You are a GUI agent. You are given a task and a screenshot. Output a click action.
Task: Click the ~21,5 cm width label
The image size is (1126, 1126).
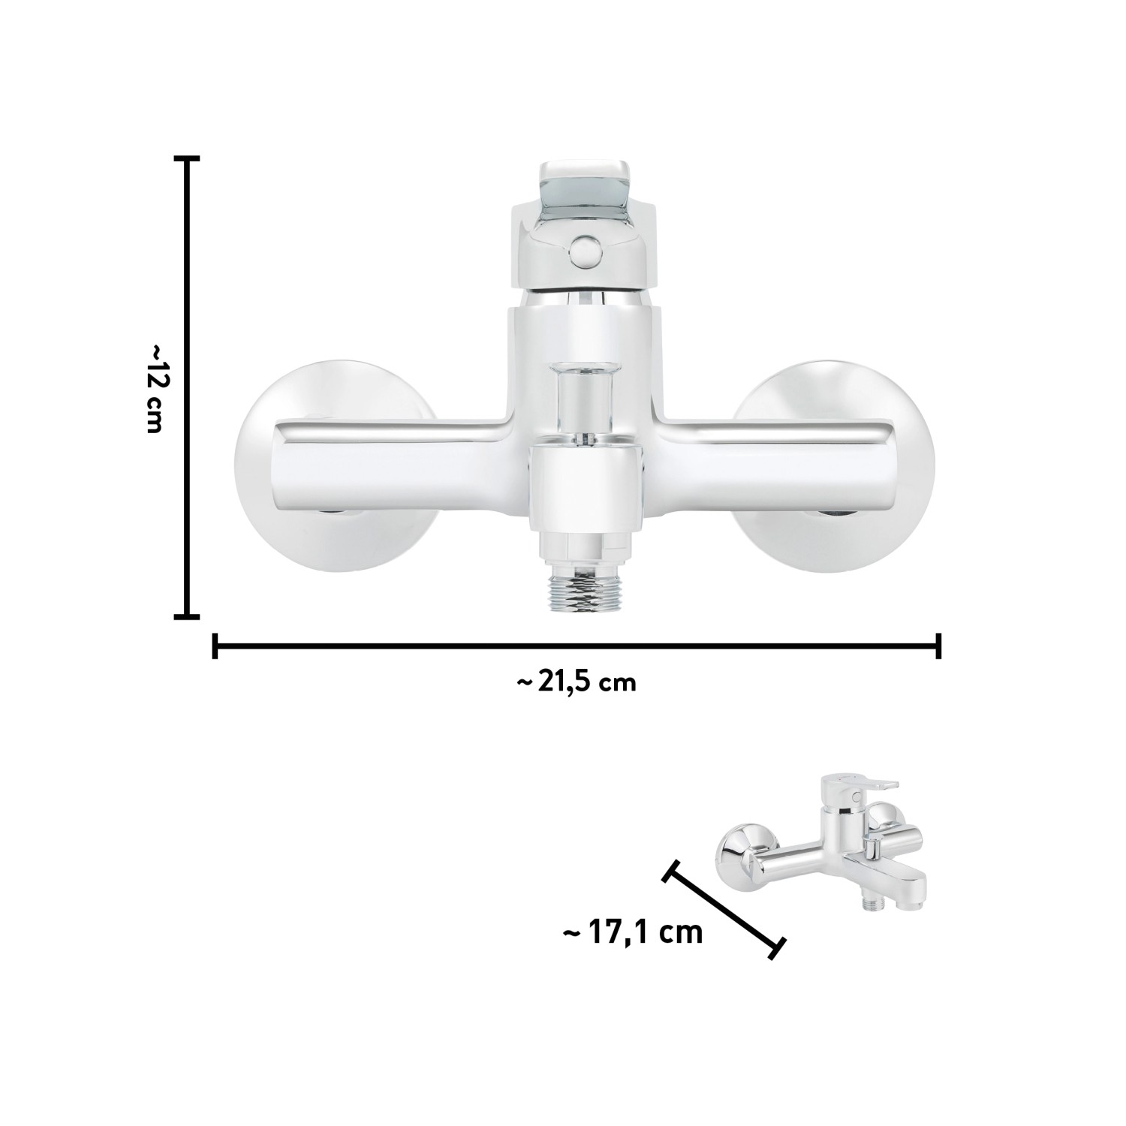[x=577, y=682]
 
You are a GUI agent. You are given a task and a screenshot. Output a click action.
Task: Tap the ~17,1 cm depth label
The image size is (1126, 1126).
[x=633, y=932]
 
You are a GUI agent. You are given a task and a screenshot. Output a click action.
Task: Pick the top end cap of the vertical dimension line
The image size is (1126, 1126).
[x=187, y=158]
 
